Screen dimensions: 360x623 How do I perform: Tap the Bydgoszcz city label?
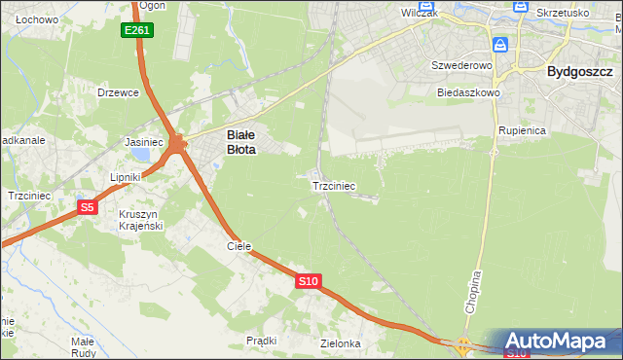pyautogui.click(x=580, y=71)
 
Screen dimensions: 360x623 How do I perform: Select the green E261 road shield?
pyautogui.click(x=137, y=31)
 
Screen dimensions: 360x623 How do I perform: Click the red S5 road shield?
pyautogui.click(x=88, y=207)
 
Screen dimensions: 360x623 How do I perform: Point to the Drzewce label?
pyautogui.click(x=119, y=92)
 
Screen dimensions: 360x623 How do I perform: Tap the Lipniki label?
pyautogui.click(x=127, y=177)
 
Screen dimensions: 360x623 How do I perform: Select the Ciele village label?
pyautogui.click(x=239, y=246)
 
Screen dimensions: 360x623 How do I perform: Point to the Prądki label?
pyautogui.click(x=262, y=341)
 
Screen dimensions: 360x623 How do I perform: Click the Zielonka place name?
pyautogui.click(x=341, y=343)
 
